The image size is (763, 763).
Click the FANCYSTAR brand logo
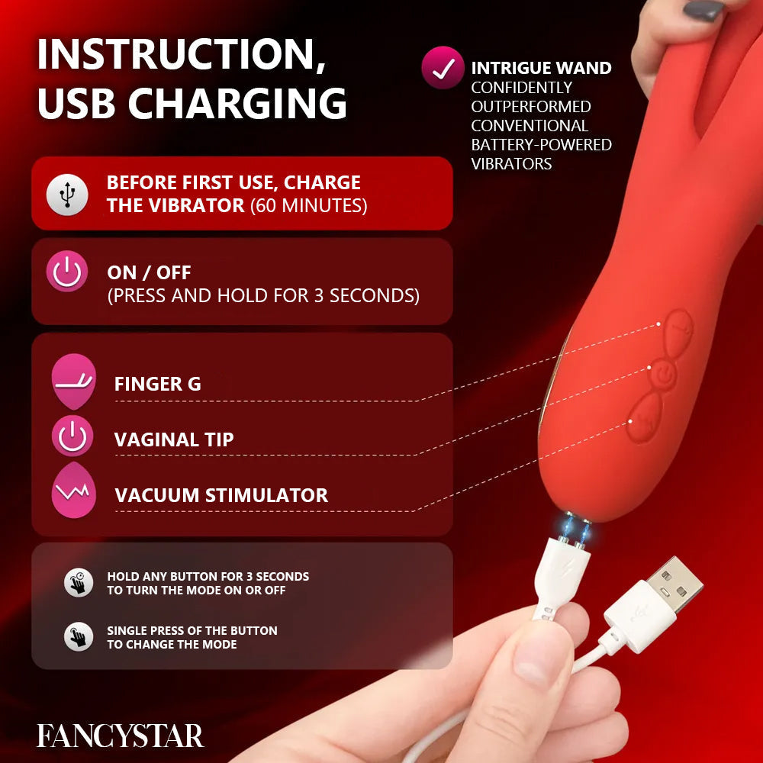click(x=121, y=736)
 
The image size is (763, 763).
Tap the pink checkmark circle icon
click(x=443, y=68)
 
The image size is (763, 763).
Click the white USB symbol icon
click(x=67, y=194)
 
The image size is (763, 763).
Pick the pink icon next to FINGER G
click(x=73, y=382)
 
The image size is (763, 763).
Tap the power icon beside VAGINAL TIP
click(x=72, y=437)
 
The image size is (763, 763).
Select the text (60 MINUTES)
click(x=308, y=205)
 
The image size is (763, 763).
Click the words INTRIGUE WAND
click(x=541, y=69)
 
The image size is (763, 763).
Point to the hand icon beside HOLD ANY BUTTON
click(x=78, y=582)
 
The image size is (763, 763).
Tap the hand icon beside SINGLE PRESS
click(x=78, y=636)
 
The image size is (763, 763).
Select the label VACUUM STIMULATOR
click(x=221, y=495)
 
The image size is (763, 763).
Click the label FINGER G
click(x=157, y=384)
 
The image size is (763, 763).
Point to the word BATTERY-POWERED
click(x=541, y=144)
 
